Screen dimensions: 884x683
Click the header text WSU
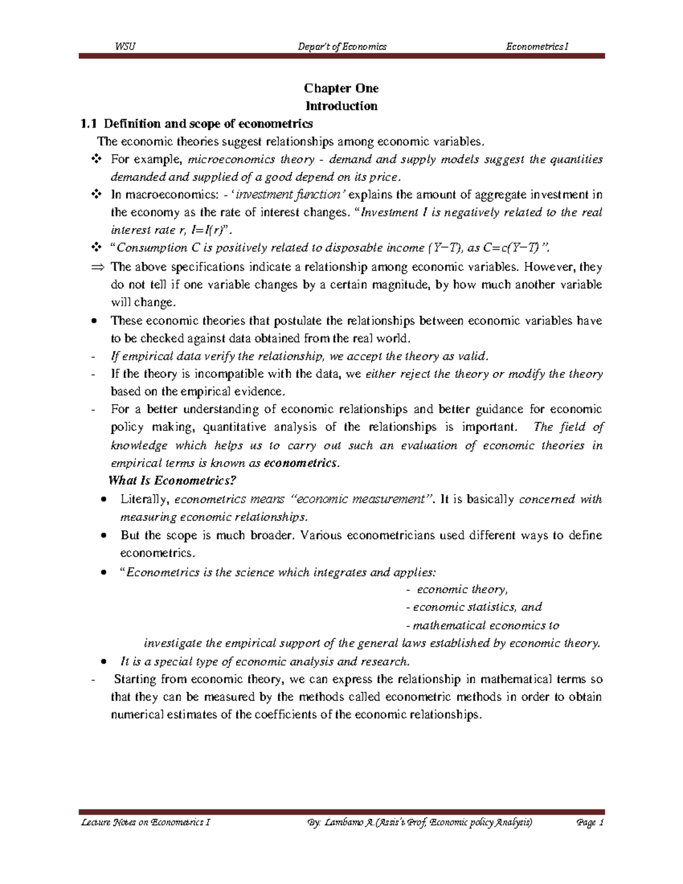[x=125, y=47]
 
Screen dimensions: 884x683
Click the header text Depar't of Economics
[x=342, y=47]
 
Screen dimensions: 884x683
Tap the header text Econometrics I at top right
[x=537, y=47]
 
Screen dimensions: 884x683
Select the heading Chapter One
[x=341, y=88]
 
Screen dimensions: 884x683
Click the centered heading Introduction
[x=341, y=106]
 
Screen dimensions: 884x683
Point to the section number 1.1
[x=89, y=124]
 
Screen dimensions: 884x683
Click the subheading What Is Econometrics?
[x=172, y=480]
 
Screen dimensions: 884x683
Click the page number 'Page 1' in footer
[x=590, y=823]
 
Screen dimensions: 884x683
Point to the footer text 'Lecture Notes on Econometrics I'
[x=145, y=823]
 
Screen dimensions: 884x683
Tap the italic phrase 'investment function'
[x=287, y=195]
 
